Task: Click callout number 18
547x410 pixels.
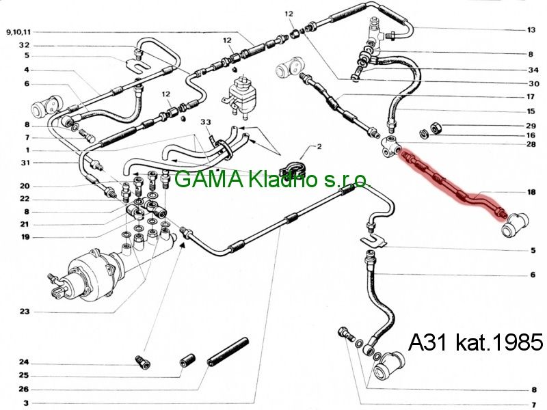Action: pos(531,192)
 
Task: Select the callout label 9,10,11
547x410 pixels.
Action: pos(19,32)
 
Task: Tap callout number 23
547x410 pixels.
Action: pos(25,312)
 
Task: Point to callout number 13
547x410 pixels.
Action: pos(531,30)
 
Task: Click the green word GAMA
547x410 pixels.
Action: pos(209,179)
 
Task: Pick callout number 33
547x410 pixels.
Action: pos(206,122)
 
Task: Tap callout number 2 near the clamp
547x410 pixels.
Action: pos(319,146)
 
